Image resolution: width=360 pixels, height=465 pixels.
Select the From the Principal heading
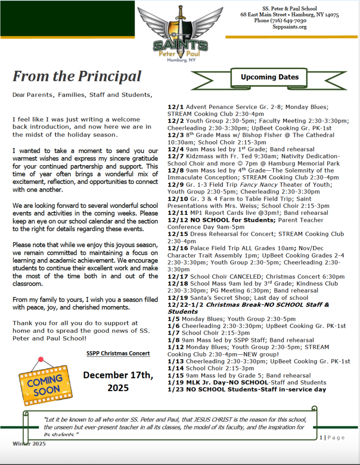[x=77, y=76]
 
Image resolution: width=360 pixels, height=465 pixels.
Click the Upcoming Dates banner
[x=270, y=77]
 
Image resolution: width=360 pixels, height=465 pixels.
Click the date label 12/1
[x=175, y=107]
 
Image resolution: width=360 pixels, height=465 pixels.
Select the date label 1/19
[x=175, y=382]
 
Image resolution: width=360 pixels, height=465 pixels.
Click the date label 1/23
[x=175, y=389]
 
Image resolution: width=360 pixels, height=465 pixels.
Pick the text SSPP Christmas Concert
[x=118, y=354]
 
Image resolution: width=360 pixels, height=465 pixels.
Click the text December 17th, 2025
[x=118, y=381]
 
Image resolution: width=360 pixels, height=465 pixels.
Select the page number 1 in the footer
[x=321, y=437]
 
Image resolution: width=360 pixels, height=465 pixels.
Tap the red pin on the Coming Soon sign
[x=41, y=360]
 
